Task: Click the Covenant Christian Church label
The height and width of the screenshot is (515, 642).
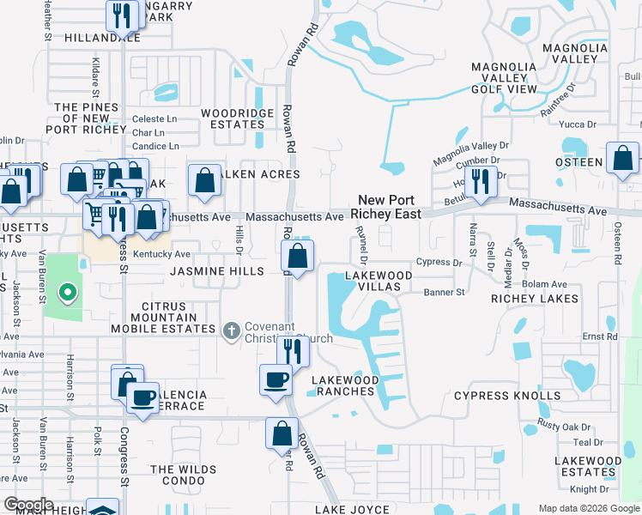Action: click(288, 331)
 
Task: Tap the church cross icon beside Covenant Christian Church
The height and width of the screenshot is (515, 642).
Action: click(231, 331)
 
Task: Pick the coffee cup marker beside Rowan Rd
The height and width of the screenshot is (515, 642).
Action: click(276, 379)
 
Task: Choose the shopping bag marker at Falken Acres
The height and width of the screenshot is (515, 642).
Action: click(204, 181)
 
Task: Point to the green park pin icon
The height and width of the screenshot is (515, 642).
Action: click(66, 294)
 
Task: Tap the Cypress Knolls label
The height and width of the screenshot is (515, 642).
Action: click(506, 396)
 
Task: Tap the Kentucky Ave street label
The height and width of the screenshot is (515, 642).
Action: click(165, 254)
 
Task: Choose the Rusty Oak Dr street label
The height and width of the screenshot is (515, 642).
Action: click(565, 427)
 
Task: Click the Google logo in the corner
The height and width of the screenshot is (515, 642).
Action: click(27, 505)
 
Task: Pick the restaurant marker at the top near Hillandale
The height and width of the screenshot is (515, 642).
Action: click(121, 15)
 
